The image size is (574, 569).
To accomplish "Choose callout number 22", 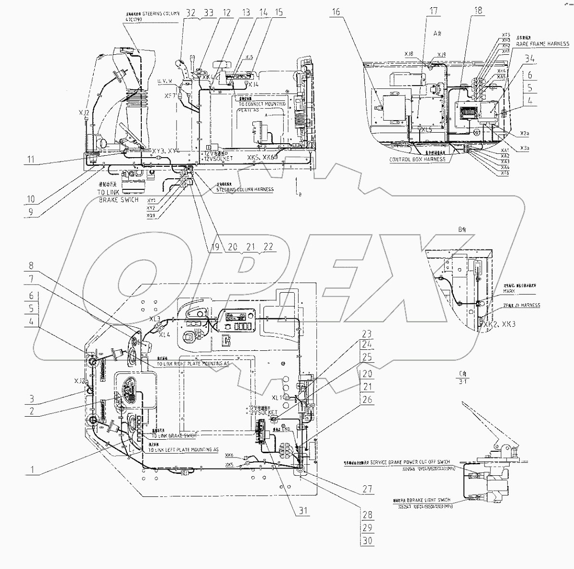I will [x=268, y=247].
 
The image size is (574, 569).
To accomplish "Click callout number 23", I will [x=367, y=333].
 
